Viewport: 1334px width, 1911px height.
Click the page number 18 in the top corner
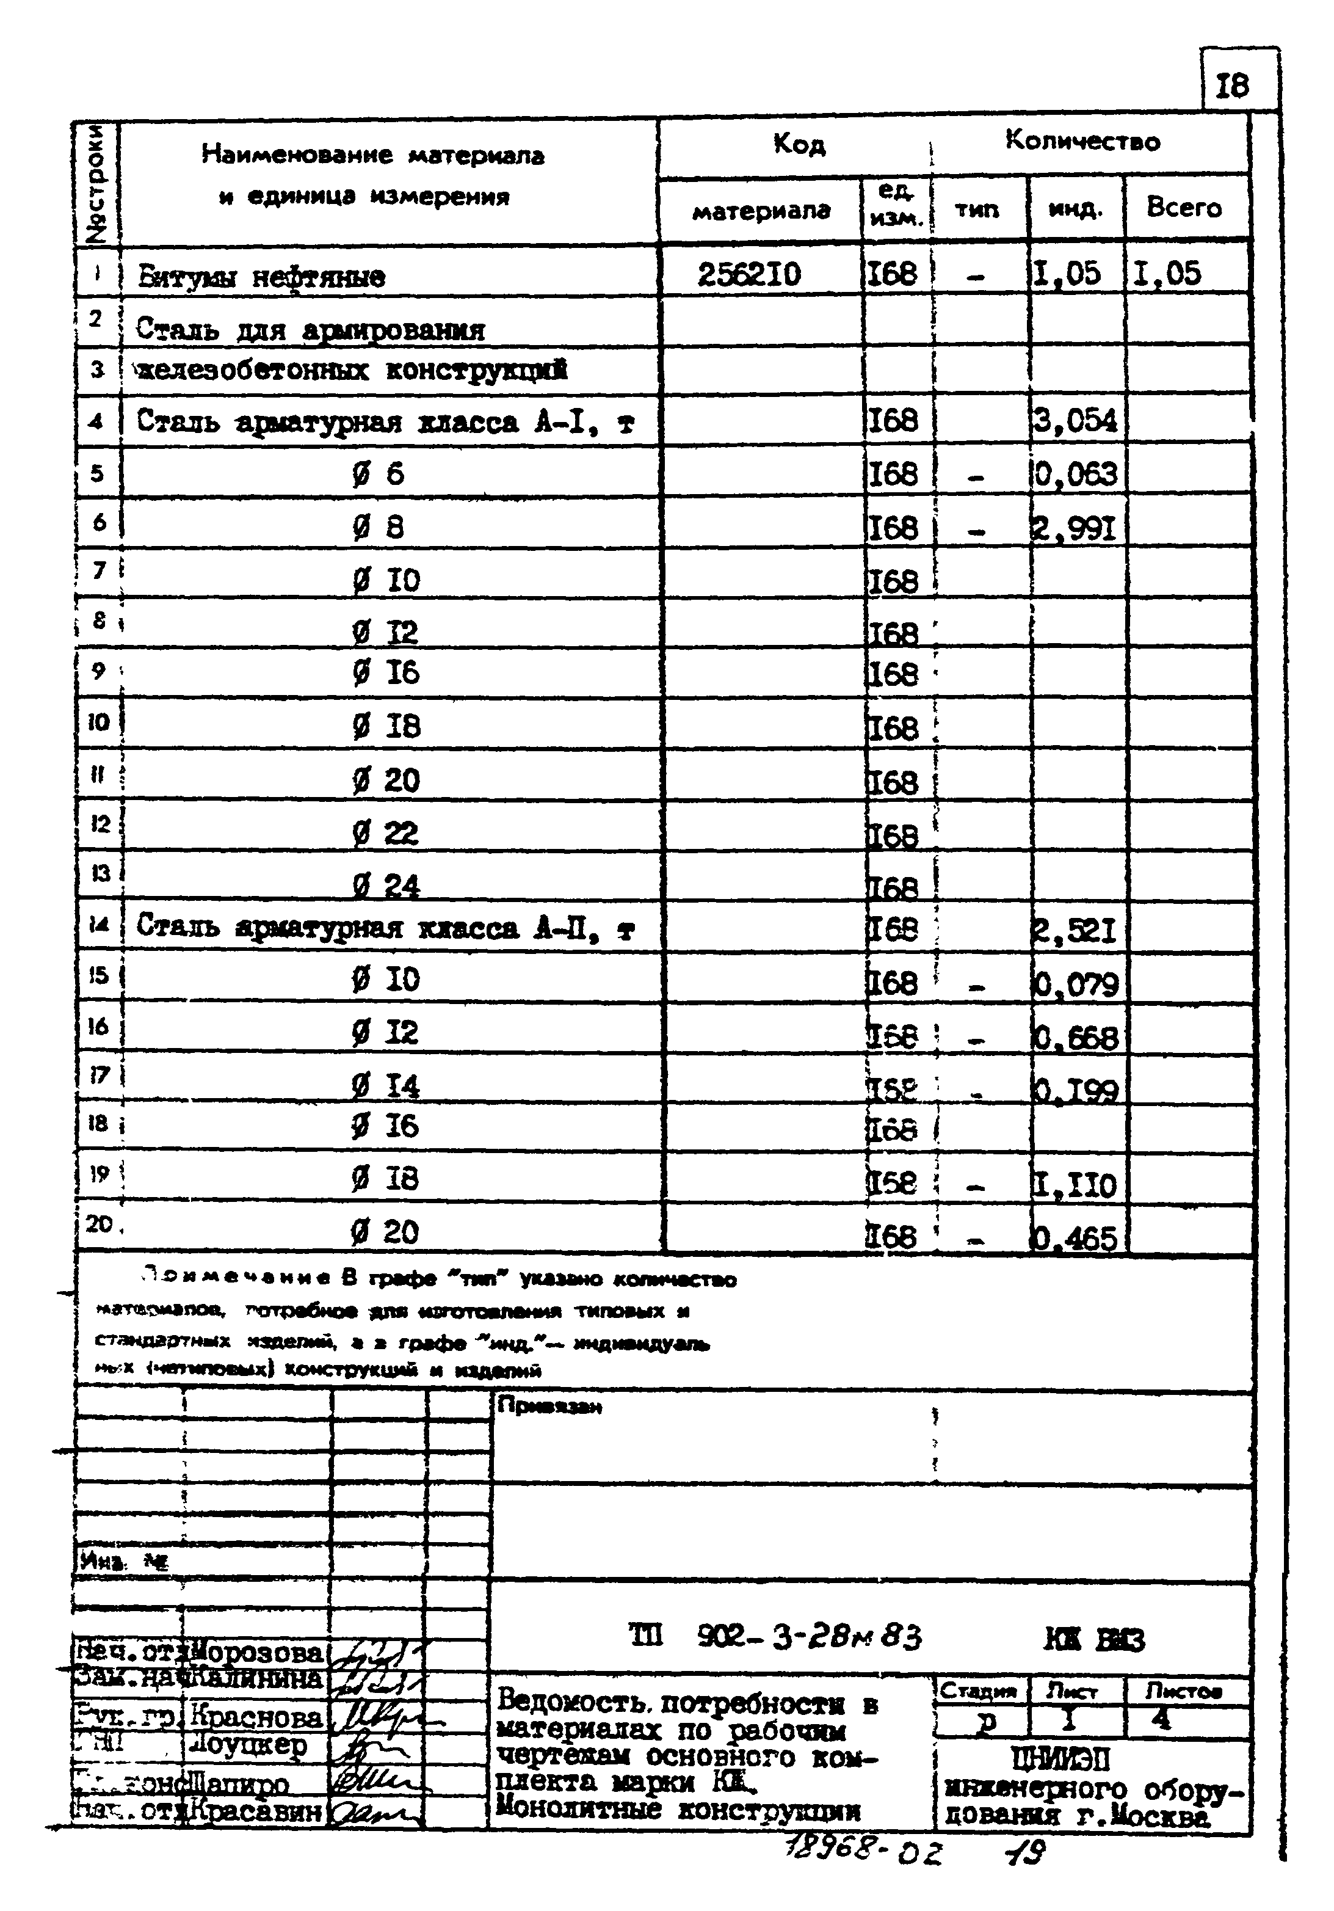(1233, 86)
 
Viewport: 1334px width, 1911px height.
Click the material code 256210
(749, 274)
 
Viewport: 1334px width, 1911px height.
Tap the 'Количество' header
(1082, 142)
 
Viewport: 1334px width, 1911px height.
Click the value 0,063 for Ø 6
(1075, 475)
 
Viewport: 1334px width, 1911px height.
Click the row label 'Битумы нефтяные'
(261, 276)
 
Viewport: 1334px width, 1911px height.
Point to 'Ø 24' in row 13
(385, 885)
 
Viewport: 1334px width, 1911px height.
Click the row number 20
(99, 1223)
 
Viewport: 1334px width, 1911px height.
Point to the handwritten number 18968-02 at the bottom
(861, 1852)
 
